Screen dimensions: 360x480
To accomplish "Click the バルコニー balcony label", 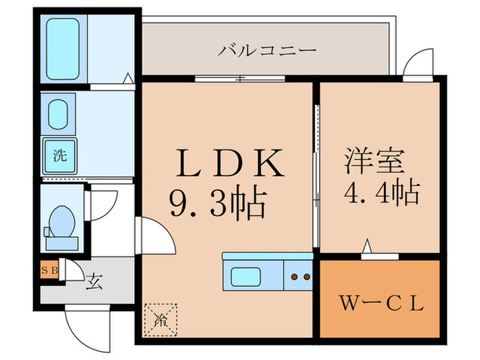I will [x=267, y=51].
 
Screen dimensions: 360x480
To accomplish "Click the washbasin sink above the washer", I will [x=58, y=112].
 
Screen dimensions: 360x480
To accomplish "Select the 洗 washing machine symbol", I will [x=60, y=154].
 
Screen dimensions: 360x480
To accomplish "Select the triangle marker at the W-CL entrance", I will [x=368, y=245].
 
